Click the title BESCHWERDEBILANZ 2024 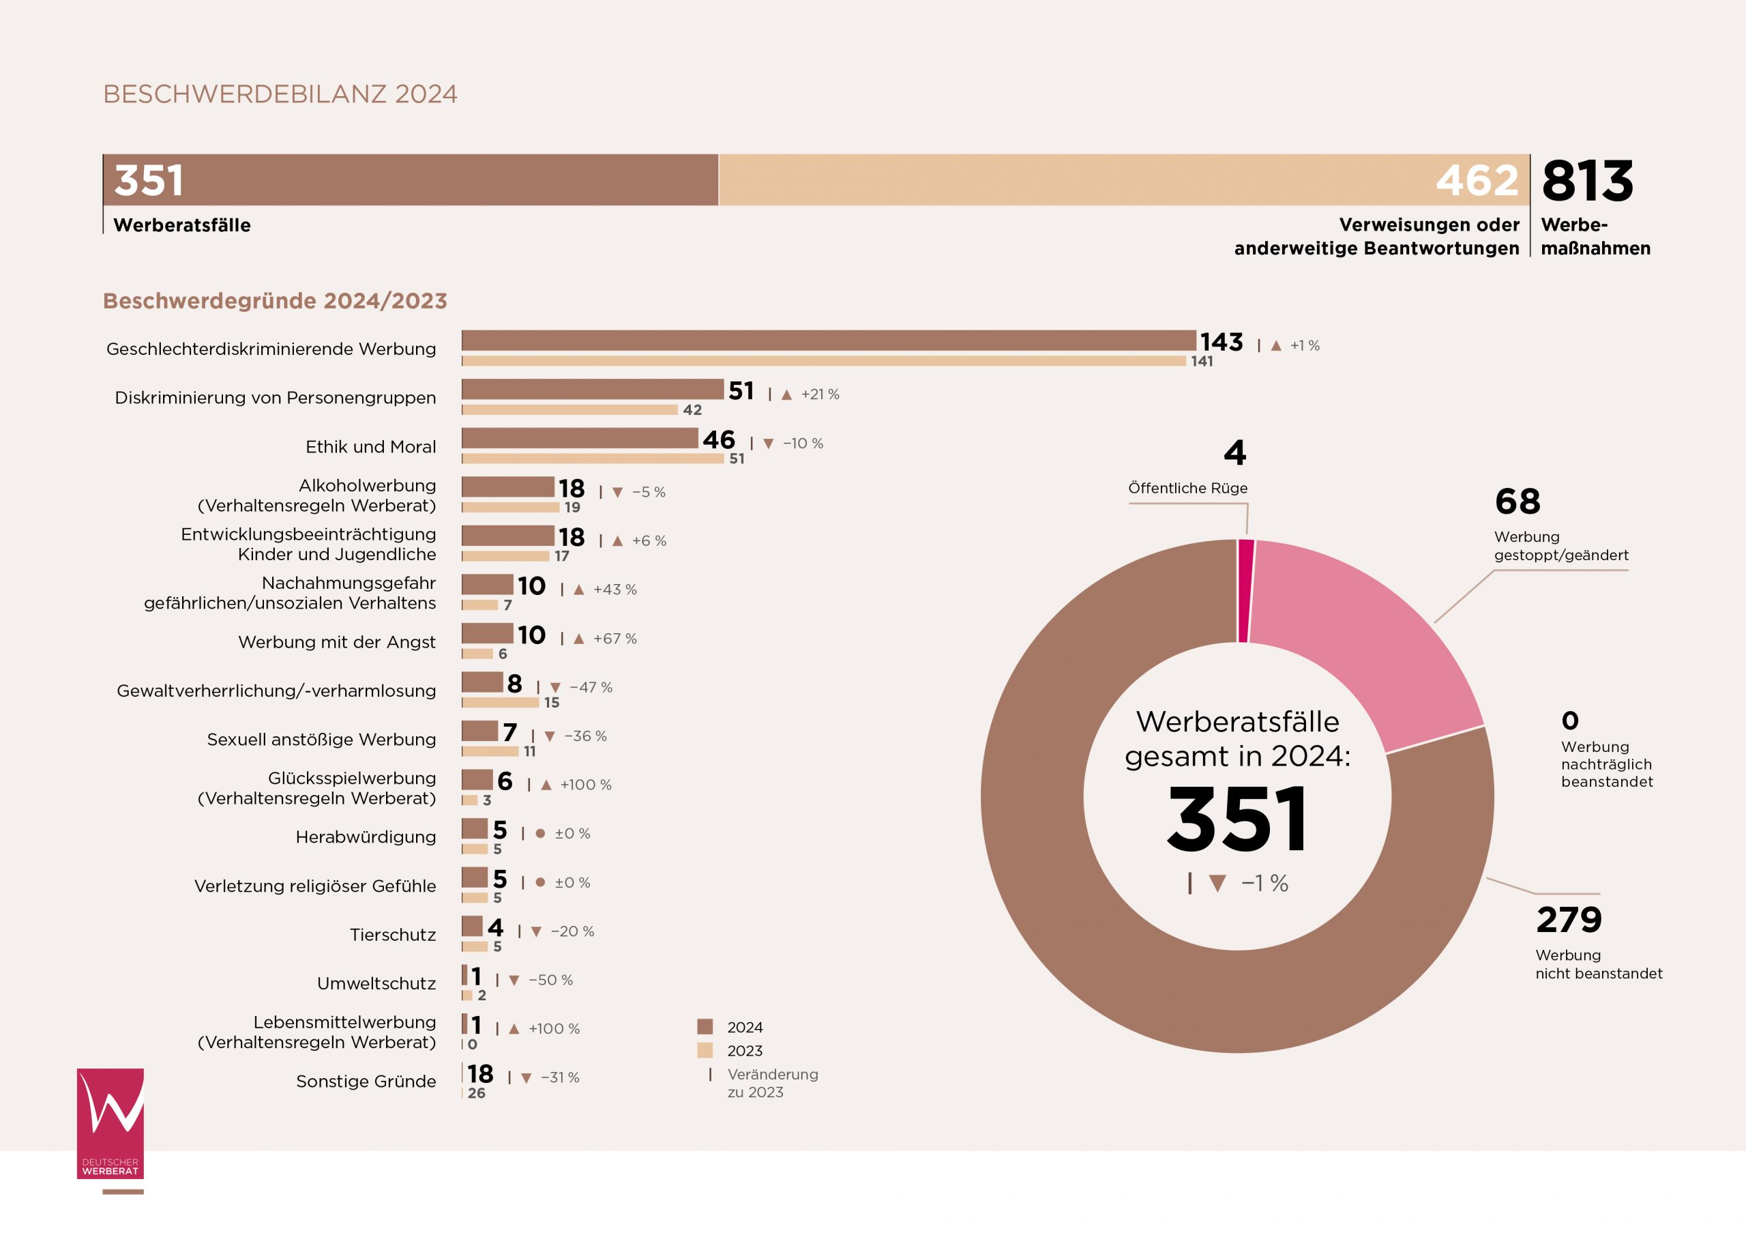click(280, 93)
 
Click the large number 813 click(1588, 181)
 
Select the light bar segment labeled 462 click(1124, 179)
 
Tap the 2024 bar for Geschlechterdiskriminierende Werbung click(828, 340)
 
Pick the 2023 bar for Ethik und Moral click(593, 459)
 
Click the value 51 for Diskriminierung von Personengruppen click(741, 391)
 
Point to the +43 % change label click(615, 590)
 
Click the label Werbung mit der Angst click(337, 642)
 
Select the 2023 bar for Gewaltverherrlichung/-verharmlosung click(501, 703)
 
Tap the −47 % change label click(591, 687)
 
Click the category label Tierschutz click(392, 935)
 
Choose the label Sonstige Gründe click(366, 1081)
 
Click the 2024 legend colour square click(705, 1027)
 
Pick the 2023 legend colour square click(705, 1050)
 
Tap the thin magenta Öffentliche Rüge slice click(1245, 591)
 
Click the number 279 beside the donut click(1569, 920)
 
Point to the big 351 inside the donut click(1237, 819)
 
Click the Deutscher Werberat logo click(110, 1123)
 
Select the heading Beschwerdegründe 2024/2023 click(275, 300)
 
